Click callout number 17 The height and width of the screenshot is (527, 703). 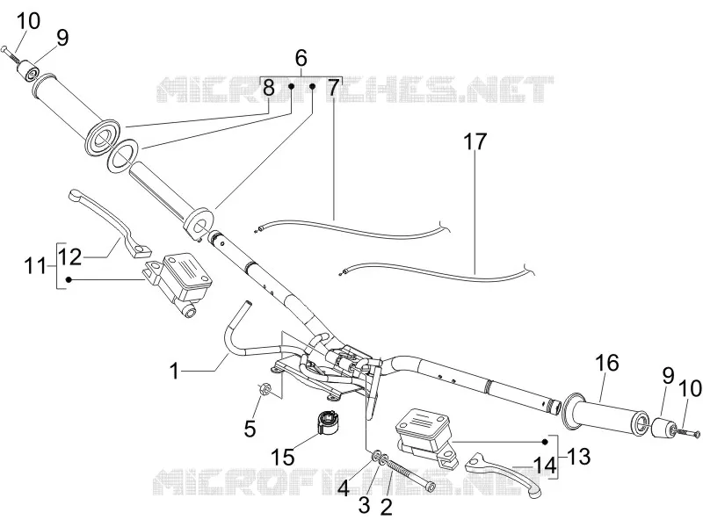(x=475, y=141)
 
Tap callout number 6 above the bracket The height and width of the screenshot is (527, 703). (x=301, y=58)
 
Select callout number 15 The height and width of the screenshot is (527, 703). (x=282, y=457)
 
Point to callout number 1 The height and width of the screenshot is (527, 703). (x=174, y=371)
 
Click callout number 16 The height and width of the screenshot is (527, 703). (x=607, y=363)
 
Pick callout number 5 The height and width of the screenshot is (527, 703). (x=250, y=429)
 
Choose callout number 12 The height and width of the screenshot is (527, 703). (x=70, y=256)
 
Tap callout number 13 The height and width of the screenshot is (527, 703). (x=578, y=457)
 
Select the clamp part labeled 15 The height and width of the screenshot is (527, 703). (x=329, y=422)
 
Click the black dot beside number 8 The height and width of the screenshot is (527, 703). (x=291, y=86)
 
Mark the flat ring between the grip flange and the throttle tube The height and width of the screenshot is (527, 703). (x=122, y=155)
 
